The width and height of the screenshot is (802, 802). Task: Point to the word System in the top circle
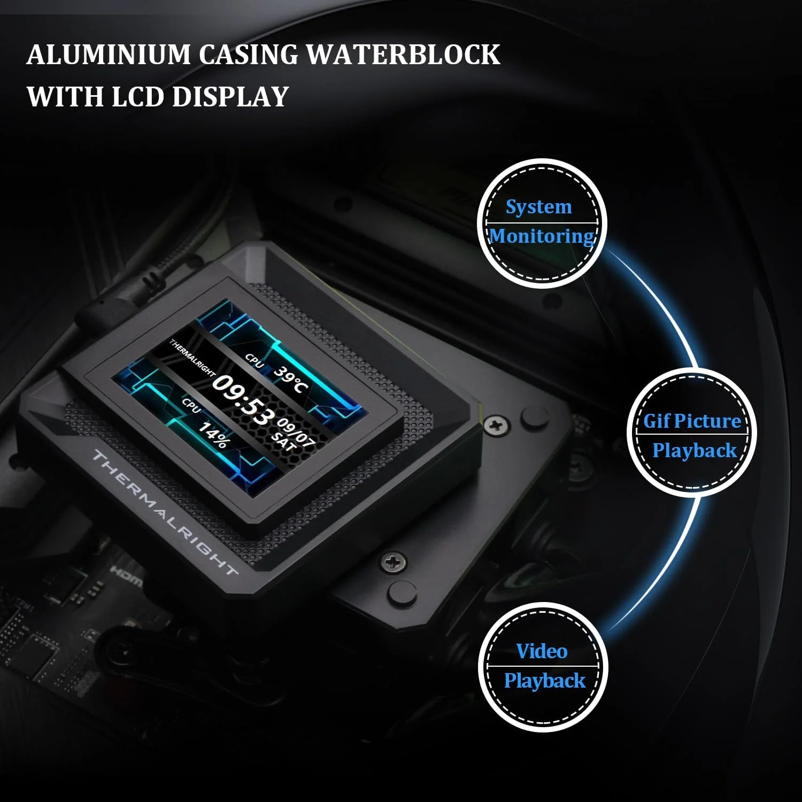pyautogui.click(x=539, y=207)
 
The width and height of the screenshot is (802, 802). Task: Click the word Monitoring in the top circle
pyautogui.click(x=542, y=236)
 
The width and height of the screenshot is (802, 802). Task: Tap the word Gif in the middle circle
pyautogui.click(x=657, y=421)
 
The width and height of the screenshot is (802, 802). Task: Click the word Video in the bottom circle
pyautogui.click(x=542, y=651)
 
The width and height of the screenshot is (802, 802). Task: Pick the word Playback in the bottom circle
pyautogui.click(x=545, y=681)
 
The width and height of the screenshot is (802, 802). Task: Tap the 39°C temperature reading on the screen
pyautogui.click(x=291, y=380)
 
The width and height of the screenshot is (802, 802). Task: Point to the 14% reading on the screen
pyautogui.click(x=214, y=435)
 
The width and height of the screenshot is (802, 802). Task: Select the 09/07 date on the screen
pyautogui.click(x=296, y=431)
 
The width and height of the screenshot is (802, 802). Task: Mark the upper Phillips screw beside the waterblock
pyautogui.click(x=497, y=426)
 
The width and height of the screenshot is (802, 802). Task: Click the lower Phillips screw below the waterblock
pyautogui.click(x=393, y=561)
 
